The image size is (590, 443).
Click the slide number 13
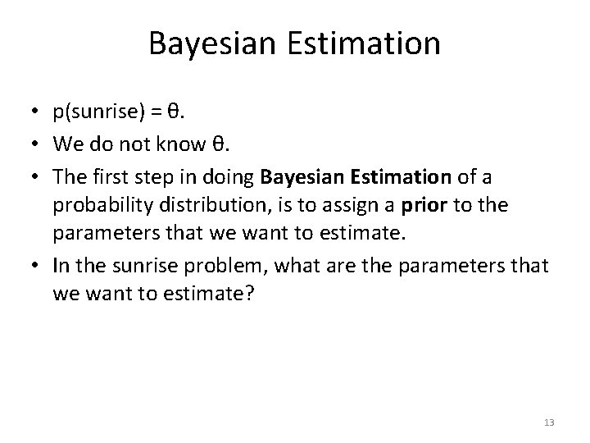pyautogui.click(x=548, y=422)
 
